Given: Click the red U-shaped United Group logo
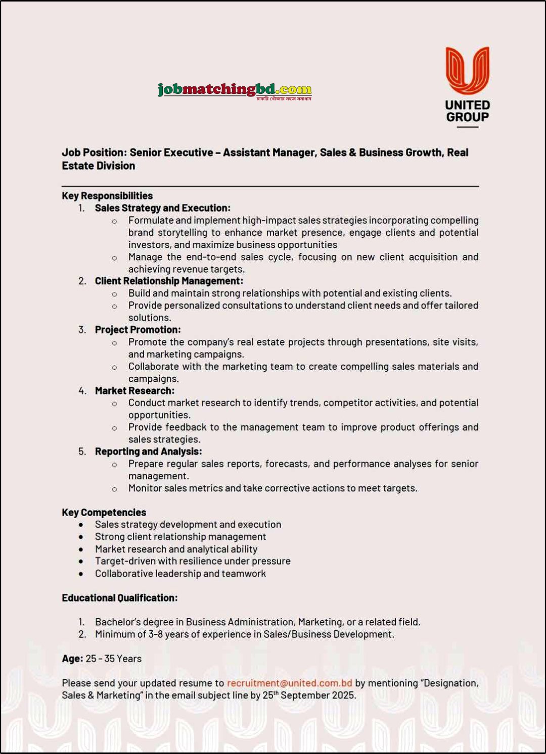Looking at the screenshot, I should click(x=467, y=70).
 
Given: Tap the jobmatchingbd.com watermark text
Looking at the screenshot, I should click(x=235, y=90).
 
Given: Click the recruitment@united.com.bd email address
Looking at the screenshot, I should click(x=289, y=683).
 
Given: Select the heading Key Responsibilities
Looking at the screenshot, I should click(x=107, y=196).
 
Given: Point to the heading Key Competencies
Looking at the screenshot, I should click(x=104, y=513).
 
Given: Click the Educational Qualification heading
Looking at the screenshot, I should click(x=119, y=598).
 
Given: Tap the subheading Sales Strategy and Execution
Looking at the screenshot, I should click(x=162, y=208).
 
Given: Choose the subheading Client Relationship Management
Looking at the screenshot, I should click(x=169, y=281).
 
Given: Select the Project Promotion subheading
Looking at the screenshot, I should click(x=138, y=330).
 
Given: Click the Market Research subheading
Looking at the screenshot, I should click(x=134, y=391).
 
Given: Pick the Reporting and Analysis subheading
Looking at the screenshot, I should click(x=148, y=451).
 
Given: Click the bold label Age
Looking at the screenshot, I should click(x=72, y=659).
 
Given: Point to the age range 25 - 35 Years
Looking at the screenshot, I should click(x=114, y=659).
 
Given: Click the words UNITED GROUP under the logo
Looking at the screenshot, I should click(x=467, y=111).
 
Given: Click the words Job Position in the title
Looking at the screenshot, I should click(x=93, y=153).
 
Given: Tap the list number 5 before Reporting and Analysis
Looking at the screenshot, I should click(x=82, y=451).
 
